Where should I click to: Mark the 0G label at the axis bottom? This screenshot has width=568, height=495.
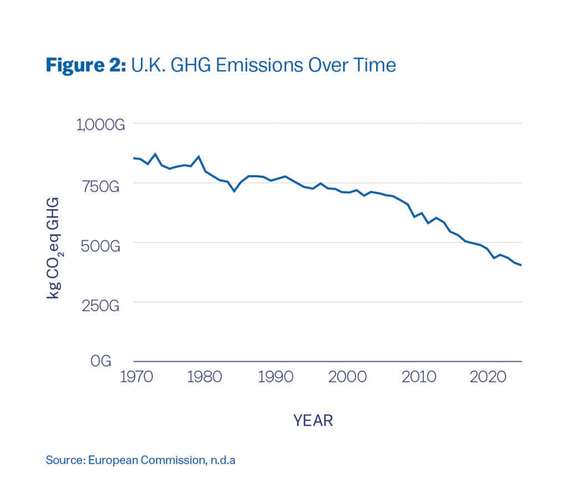101,361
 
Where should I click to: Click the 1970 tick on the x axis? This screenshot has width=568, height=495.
134,376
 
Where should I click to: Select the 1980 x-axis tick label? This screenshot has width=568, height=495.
206,376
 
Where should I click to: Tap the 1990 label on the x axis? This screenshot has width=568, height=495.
276,376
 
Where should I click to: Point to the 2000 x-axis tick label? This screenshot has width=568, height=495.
347,376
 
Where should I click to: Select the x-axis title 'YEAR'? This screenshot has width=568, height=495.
313,421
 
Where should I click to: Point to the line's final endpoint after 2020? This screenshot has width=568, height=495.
521,265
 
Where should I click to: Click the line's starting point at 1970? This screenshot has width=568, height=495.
134,158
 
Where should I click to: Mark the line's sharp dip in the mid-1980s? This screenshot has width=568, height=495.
234,191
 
